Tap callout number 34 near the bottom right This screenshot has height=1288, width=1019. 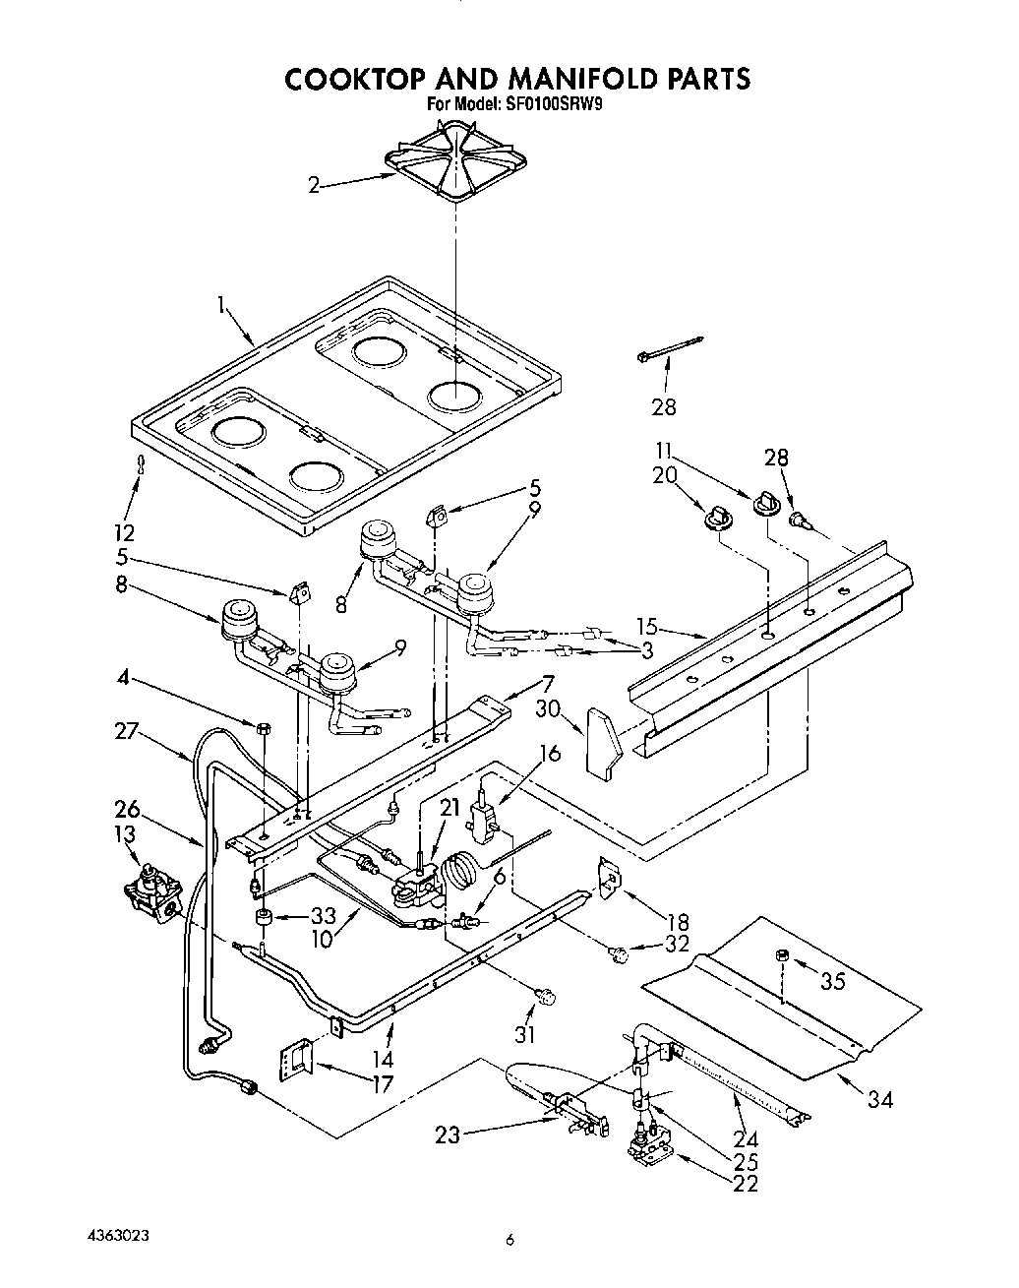[x=879, y=1099]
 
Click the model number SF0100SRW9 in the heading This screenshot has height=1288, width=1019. [x=545, y=101]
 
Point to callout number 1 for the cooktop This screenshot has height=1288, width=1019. [x=223, y=308]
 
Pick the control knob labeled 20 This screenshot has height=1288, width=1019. [x=720, y=516]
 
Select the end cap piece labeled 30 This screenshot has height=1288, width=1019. [x=603, y=739]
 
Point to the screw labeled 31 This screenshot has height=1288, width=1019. [x=545, y=998]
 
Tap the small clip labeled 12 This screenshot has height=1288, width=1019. [x=141, y=464]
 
